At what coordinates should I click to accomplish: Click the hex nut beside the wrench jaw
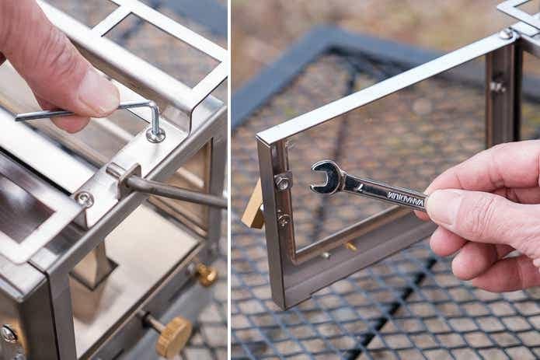pos(283,181)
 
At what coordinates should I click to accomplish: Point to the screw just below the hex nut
pos(284,218)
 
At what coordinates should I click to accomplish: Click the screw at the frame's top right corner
pos(506,34)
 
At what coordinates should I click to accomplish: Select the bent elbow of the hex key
pos(153,107)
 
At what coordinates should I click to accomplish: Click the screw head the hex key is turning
pos(155,135)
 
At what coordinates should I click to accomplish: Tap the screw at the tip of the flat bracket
pos(85,199)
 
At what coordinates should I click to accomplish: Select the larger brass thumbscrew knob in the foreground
pos(174,335)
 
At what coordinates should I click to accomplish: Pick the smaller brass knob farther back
pos(207,274)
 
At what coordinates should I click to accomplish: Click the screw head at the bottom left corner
pos(8,334)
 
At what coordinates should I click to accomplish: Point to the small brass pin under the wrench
pos(350,246)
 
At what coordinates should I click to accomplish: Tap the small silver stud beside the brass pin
pos(326,255)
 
